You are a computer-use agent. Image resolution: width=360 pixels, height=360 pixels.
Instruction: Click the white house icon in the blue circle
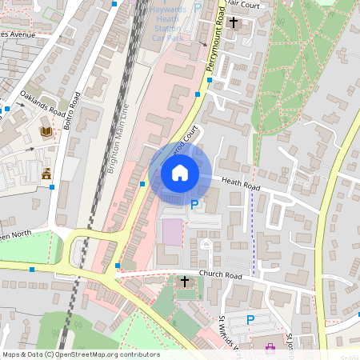point(180,172)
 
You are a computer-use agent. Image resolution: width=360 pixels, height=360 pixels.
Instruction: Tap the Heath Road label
point(241,184)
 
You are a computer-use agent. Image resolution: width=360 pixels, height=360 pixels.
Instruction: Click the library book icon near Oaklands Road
point(46,130)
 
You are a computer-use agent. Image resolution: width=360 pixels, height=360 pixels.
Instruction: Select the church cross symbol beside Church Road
point(185,282)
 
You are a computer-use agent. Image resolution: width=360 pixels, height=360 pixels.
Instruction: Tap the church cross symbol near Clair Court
point(234,22)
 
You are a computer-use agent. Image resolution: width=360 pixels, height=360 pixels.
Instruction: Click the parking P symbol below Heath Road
point(194,205)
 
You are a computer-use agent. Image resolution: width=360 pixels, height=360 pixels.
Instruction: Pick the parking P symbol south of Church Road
point(250,320)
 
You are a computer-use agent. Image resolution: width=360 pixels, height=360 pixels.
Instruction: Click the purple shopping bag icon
point(270,347)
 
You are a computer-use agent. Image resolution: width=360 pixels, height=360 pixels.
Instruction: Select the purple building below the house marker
point(172,233)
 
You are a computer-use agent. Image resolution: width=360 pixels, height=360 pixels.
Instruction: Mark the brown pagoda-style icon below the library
point(46,173)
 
